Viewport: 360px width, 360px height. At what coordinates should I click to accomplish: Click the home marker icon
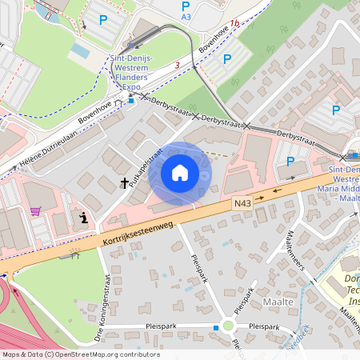(180, 173)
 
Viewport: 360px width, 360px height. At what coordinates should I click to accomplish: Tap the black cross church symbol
(125, 183)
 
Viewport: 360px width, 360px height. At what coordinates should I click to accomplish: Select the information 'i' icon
(84, 218)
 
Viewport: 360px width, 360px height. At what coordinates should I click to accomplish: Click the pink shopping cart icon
(35, 211)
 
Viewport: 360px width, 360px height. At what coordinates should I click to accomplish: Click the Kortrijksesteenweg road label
(137, 232)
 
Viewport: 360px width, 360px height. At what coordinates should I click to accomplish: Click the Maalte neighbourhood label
(277, 302)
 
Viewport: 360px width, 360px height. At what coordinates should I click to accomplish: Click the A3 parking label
(186, 16)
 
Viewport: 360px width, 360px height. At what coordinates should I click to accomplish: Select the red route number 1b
(234, 23)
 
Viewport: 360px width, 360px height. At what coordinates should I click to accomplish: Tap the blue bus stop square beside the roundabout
(215, 327)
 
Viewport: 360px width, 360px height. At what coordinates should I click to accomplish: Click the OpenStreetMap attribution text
(80, 354)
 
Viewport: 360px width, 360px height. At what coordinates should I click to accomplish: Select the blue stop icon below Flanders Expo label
(131, 100)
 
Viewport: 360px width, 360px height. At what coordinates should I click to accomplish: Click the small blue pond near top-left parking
(80, 50)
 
